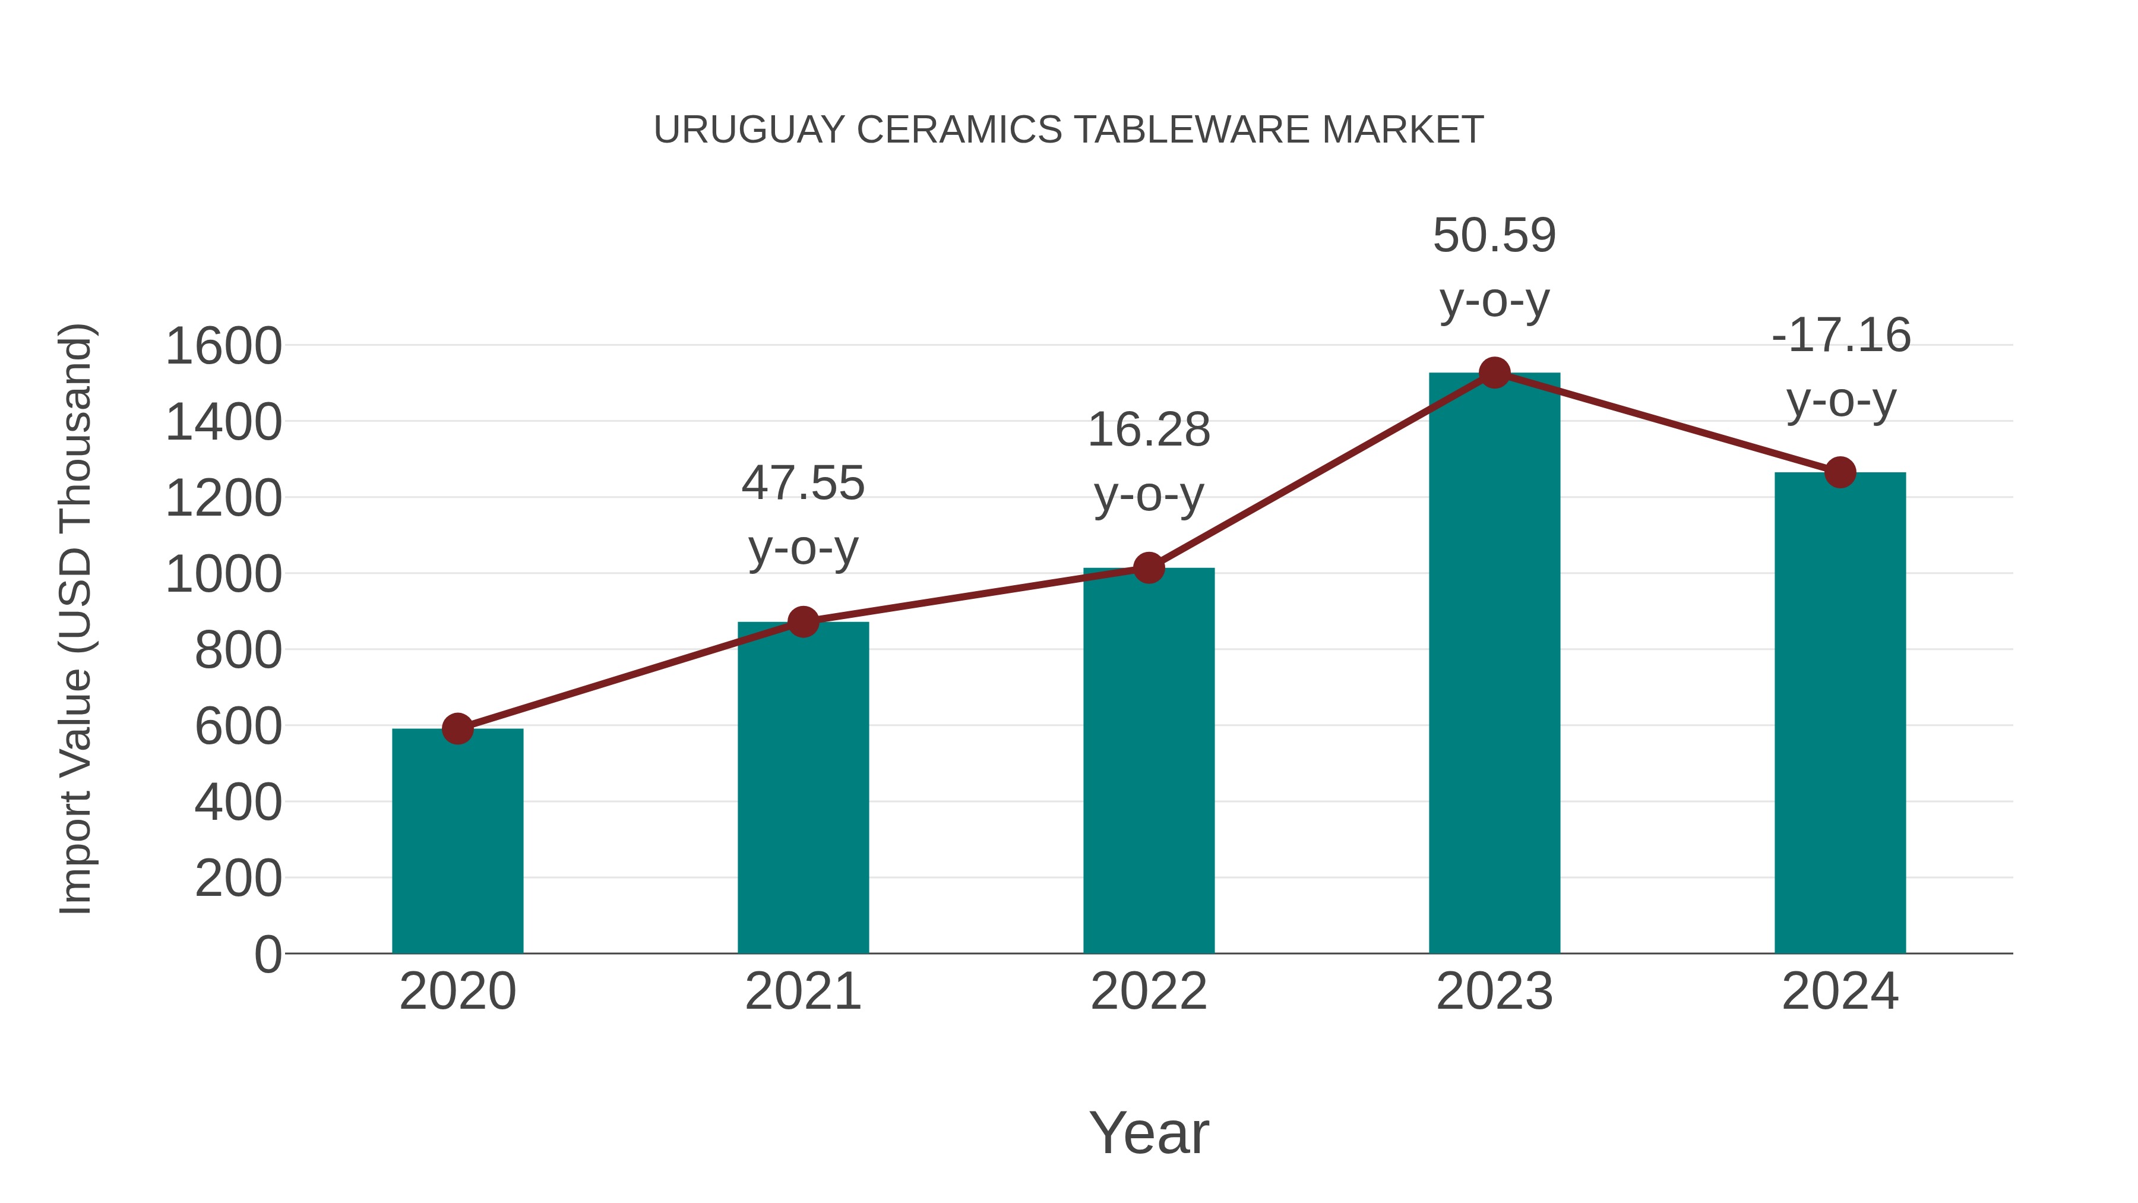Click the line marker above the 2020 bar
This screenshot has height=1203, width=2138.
(457, 729)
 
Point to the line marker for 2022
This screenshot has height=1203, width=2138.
(1149, 568)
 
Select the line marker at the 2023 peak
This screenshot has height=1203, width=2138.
(1494, 372)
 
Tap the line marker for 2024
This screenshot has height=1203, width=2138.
(1840, 472)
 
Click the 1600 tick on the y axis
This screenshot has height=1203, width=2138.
(223, 346)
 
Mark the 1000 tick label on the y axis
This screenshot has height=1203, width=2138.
(223, 574)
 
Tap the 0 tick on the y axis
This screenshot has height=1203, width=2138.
(267, 954)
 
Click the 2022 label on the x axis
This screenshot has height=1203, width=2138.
(1149, 992)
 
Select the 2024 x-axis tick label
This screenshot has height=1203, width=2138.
(1840, 992)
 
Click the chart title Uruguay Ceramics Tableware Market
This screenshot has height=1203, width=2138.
(1068, 130)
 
